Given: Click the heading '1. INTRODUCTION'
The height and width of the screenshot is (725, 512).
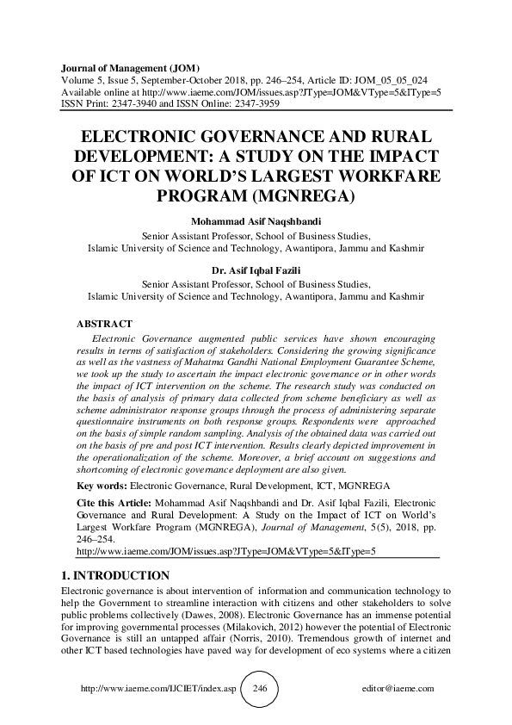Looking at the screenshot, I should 116,575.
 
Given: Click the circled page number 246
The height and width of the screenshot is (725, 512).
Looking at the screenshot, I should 256,688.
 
